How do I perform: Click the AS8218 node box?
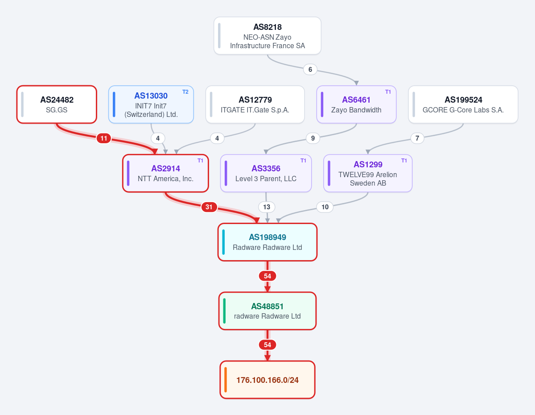tap(267, 36)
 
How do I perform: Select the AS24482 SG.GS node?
tap(57, 104)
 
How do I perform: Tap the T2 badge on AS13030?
tap(185, 92)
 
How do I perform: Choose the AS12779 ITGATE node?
tap(255, 104)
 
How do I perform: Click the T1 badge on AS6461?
tap(388, 92)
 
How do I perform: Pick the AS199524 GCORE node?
tap(463, 104)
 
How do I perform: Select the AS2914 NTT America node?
tap(165, 173)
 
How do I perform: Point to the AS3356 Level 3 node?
tap(266, 173)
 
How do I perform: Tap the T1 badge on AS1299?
tap(404, 161)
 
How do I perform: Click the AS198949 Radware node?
tap(267, 242)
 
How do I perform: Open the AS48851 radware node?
tap(267, 311)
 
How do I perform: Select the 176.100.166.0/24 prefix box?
tap(267, 380)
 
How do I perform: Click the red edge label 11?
tap(103, 138)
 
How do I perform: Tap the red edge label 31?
tap(209, 207)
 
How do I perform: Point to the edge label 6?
tap(310, 70)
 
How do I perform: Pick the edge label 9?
tap(313, 138)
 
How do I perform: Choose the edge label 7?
tap(417, 138)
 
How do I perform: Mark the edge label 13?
tap(267, 207)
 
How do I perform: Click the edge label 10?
tap(325, 207)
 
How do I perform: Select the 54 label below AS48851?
tap(267, 345)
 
